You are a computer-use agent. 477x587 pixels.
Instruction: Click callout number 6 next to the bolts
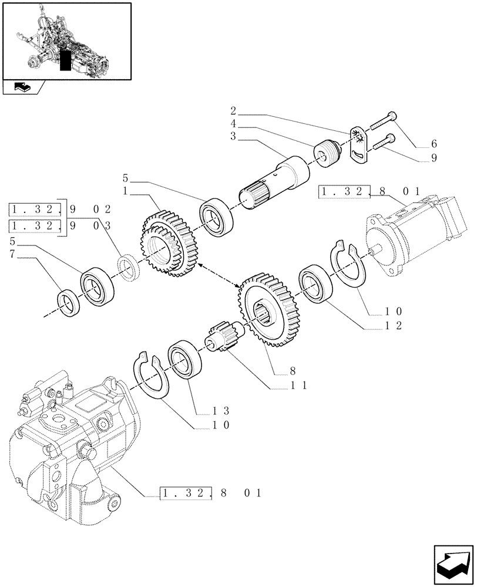[x=434, y=144]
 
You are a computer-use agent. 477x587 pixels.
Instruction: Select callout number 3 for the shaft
[x=233, y=136]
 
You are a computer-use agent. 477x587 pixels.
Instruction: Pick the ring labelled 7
[x=69, y=303]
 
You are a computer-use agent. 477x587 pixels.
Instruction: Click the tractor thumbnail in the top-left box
[x=66, y=41]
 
